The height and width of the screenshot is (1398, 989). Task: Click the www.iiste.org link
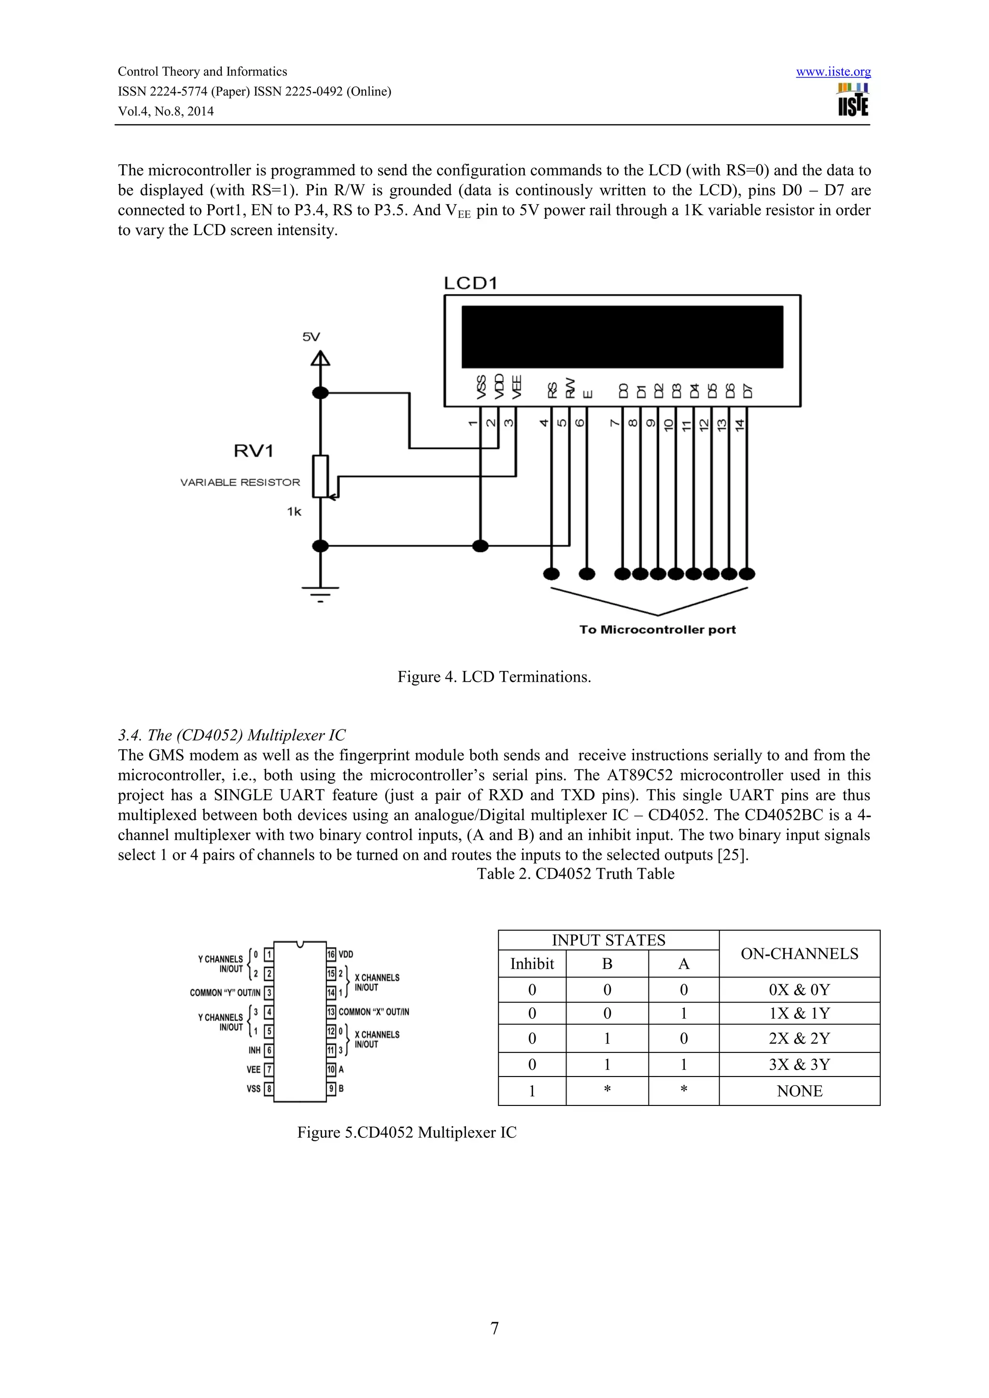[x=833, y=72]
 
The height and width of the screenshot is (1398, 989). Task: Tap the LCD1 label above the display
[x=470, y=283]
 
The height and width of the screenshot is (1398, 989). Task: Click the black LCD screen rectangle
[x=622, y=337]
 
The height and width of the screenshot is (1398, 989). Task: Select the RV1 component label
[x=254, y=451]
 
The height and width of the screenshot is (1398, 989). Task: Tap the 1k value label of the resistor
[x=294, y=512]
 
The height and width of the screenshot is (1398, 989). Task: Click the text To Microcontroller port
[x=657, y=629]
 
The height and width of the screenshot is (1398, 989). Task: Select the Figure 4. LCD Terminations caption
[x=494, y=677]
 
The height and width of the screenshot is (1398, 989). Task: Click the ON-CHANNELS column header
[x=799, y=954]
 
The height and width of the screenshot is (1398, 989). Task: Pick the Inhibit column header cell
[x=532, y=964]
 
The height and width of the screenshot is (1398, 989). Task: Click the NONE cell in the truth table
[x=799, y=1091]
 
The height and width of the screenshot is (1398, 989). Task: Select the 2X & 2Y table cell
[x=799, y=1038]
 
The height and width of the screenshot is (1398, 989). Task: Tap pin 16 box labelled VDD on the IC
[x=331, y=954]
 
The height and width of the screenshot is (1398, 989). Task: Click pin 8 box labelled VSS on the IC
[x=268, y=1088]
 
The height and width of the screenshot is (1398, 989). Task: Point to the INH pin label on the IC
[x=254, y=1050]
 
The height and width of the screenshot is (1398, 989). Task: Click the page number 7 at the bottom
[x=494, y=1328]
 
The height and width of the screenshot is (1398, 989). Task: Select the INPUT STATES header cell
[x=608, y=940]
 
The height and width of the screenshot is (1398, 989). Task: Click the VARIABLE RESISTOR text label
[x=240, y=482]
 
